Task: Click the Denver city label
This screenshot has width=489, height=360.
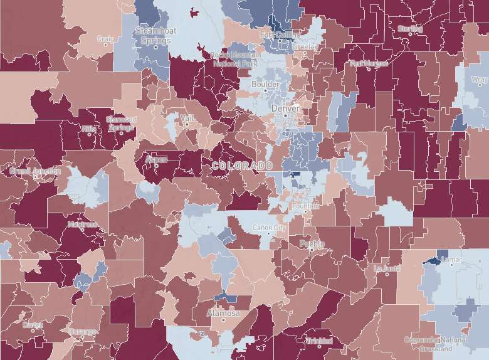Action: (x=285, y=109)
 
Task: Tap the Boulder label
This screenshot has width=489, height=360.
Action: (x=265, y=84)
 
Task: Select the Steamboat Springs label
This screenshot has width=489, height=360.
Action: (x=155, y=36)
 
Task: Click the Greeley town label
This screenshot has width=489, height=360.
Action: (x=305, y=46)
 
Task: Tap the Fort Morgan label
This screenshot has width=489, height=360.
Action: (x=365, y=63)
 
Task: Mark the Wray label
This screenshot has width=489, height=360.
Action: (x=479, y=80)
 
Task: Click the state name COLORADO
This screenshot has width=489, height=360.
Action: (x=242, y=166)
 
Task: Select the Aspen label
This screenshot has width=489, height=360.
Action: (x=156, y=159)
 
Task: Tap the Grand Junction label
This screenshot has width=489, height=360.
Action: (x=35, y=171)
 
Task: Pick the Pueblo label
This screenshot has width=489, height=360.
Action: (x=312, y=243)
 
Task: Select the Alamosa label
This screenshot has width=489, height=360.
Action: (x=223, y=313)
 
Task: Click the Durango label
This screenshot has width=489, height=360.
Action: (x=83, y=331)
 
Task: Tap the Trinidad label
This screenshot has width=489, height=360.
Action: (x=319, y=341)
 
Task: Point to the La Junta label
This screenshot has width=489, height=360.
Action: (x=387, y=268)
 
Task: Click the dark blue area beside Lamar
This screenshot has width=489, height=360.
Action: (x=432, y=260)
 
